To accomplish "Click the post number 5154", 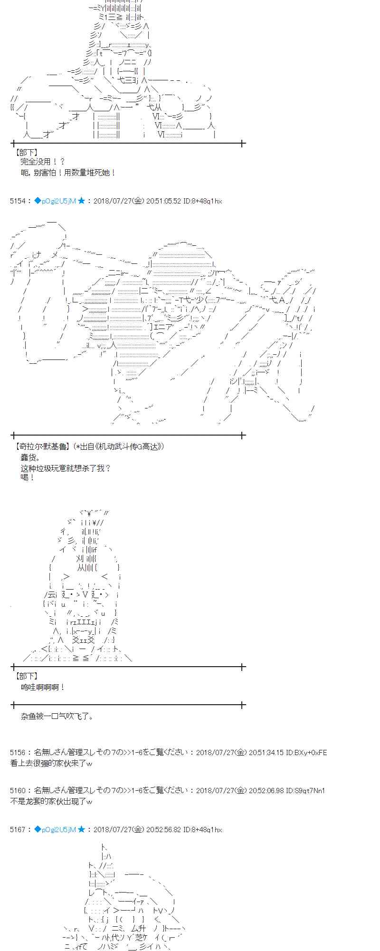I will pyautogui.click(x=18, y=201).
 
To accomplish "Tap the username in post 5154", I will pyautogui.click(x=55, y=201).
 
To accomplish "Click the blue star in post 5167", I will pyautogui.click(x=81, y=830).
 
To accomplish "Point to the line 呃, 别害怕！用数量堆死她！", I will pyautogui.click(x=68, y=173).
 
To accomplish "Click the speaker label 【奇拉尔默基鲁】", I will pyautogui.click(x=42, y=446).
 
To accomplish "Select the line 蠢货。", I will pyautogui.click(x=31, y=457).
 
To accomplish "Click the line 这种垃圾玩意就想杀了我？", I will pyautogui.click(x=66, y=468).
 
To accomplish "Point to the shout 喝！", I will pyautogui.click(x=28, y=477).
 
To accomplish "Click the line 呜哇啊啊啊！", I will pyautogui.click(x=43, y=687).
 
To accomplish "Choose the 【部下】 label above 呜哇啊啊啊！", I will pyautogui.click(x=27, y=676).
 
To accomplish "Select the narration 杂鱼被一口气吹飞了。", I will pyautogui.click(x=57, y=716).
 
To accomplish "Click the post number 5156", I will pyautogui.click(x=18, y=753).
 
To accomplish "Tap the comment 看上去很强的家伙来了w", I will pyautogui.click(x=51, y=763).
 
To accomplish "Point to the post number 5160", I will pyautogui.click(x=18, y=791).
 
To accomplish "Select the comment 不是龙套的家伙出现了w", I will pyautogui.click(x=51, y=801).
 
